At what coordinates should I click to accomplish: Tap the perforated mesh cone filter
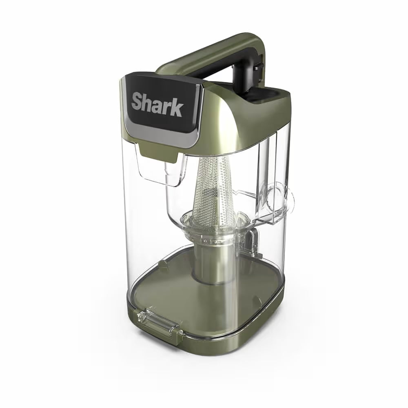tap(214, 192)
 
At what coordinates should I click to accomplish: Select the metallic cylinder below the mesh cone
tap(212, 263)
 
